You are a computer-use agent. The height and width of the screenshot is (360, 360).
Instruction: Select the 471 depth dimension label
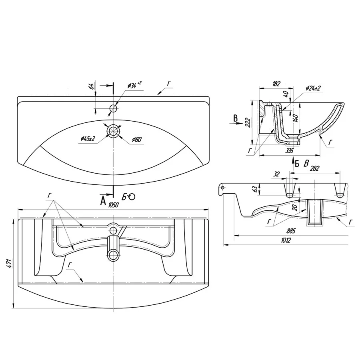pos(9,263)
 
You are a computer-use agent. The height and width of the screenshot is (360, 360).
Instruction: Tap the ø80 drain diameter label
pos(137,139)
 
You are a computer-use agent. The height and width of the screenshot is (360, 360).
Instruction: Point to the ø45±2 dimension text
pos(88,138)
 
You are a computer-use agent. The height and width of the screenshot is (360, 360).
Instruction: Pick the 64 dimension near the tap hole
pos(91,86)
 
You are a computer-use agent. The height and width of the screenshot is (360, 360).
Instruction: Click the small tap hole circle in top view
pos(114,108)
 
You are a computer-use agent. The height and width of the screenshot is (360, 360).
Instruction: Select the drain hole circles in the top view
pos(114,130)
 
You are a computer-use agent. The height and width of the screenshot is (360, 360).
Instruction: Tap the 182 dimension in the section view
pos(276,83)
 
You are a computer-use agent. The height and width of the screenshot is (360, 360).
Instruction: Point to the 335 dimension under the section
pos(290,151)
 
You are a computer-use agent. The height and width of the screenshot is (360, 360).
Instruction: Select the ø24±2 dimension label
pos(313,88)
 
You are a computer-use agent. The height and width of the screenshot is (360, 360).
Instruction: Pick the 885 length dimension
pos(290,230)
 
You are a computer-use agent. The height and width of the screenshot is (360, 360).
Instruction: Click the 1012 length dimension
pos(286,240)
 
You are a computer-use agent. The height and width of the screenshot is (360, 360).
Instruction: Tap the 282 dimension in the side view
pos(314,169)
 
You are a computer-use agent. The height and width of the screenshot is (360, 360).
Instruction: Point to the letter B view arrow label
pos(236,118)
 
